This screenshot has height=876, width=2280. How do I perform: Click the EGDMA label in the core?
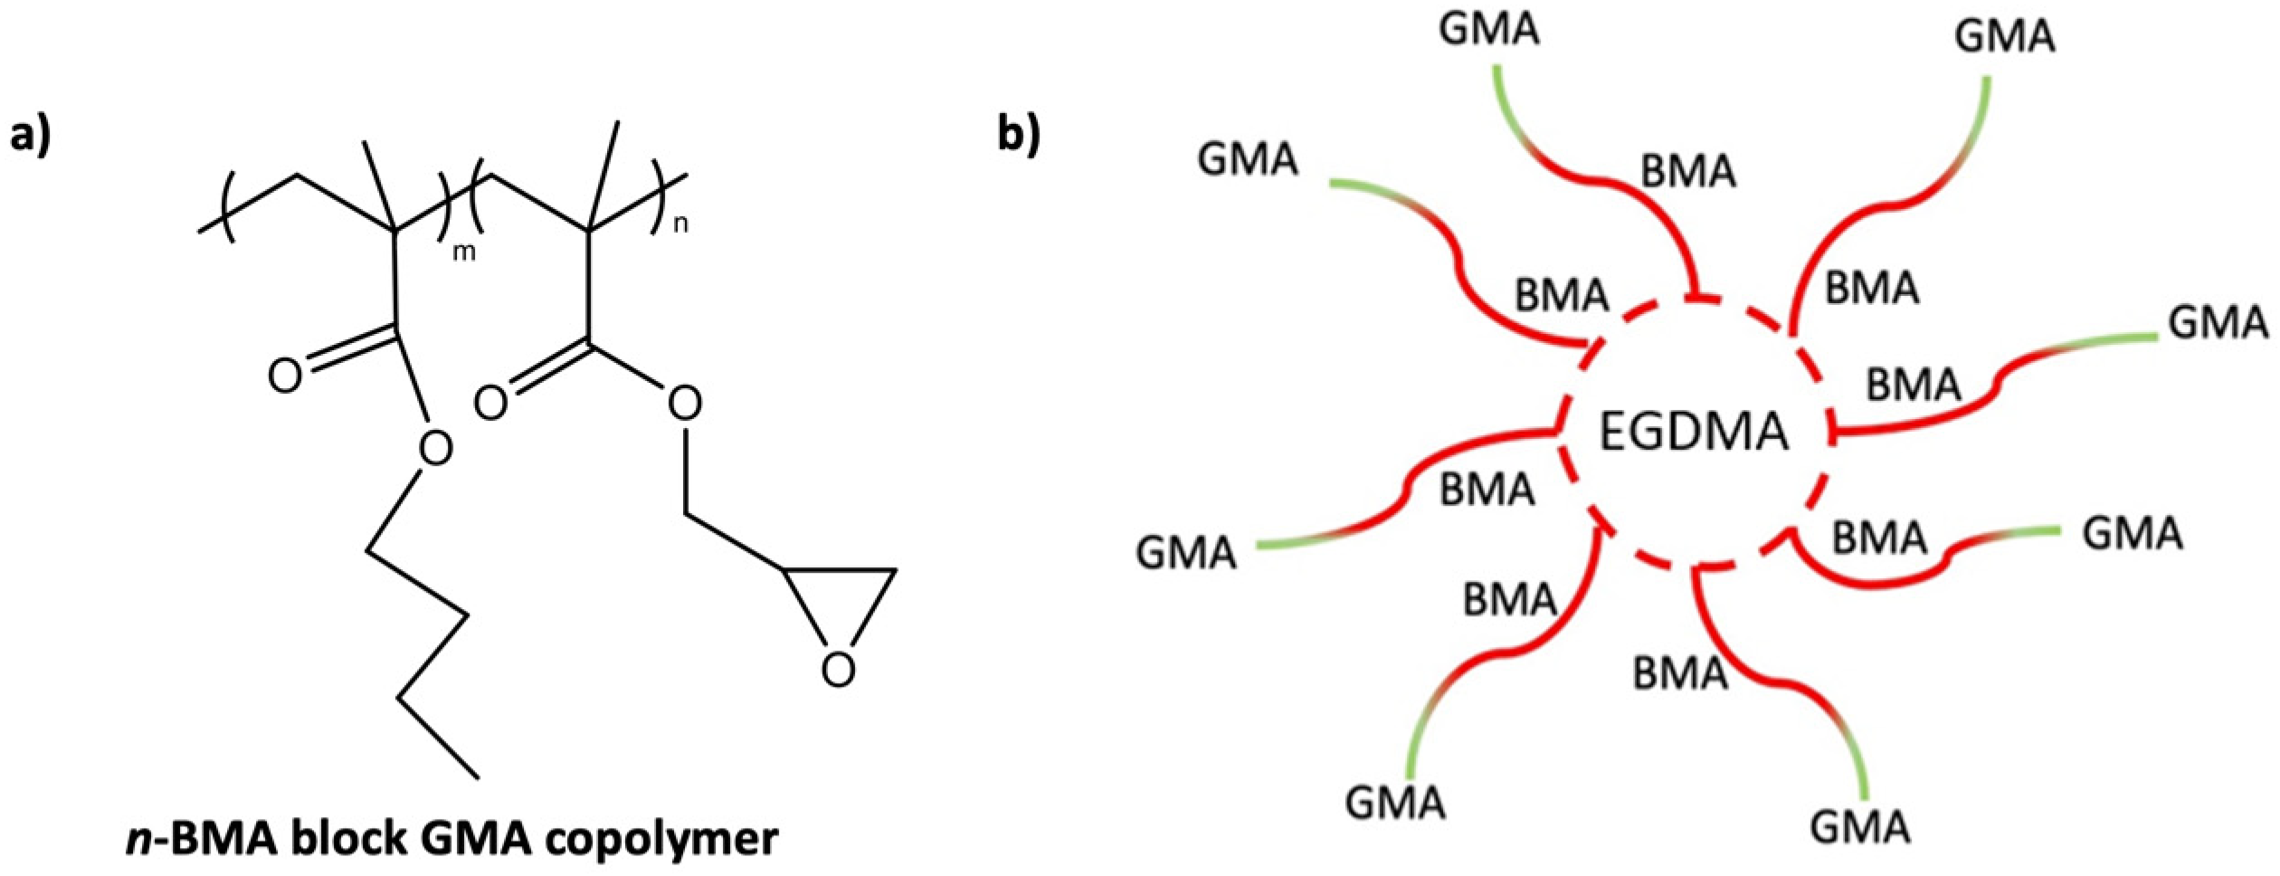1694,432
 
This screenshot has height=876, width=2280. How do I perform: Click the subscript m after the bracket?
463,252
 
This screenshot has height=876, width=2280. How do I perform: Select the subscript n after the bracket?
680,224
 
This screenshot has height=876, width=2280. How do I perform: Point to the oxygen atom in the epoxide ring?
838,671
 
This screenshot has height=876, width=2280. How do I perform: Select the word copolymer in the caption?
667,840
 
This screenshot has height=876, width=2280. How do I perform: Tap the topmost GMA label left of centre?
1488,29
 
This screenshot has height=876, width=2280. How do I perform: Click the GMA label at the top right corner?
2004,37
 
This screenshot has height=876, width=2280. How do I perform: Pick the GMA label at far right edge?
2218,322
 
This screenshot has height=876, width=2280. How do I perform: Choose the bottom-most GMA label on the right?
1859,827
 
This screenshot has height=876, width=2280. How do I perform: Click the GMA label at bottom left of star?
1394,803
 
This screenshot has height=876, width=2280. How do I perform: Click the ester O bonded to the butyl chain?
435,448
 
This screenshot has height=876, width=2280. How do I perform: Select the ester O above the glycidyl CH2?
684,404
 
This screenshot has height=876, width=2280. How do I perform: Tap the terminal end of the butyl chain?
477,776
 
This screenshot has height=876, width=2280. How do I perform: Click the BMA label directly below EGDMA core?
1679,674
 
